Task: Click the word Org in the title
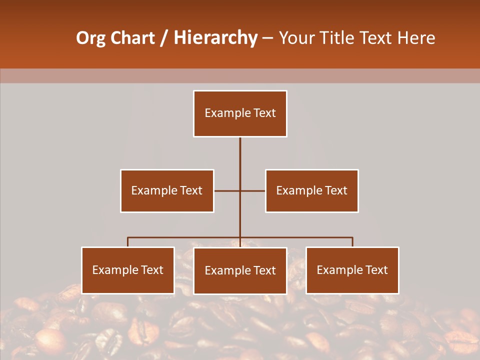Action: [x=90, y=38]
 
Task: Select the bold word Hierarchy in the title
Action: [x=215, y=38]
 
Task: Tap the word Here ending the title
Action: [x=416, y=38]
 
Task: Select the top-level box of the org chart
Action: [x=240, y=113]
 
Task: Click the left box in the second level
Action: [x=167, y=190]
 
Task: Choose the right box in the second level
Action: [x=311, y=190]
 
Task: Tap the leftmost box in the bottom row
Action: [x=128, y=270]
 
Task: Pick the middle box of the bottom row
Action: [x=240, y=270]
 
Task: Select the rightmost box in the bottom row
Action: [x=352, y=270]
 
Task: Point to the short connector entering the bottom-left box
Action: [x=128, y=242]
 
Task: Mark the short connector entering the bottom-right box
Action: [x=352, y=242]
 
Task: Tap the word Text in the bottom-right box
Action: [x=376, y=270]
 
